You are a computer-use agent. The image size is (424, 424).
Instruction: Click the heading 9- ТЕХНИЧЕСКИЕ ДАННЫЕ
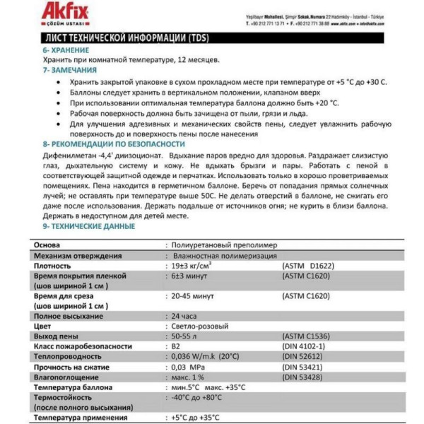coord(88,226)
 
